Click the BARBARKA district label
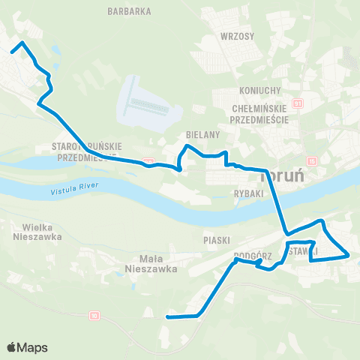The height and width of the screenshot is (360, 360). (x=130, y=11)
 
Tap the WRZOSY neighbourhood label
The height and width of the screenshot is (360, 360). (x=238, y=36)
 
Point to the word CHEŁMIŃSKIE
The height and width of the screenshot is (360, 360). (x=260, y=109)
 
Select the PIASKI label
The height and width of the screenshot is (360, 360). (x=215, y=240)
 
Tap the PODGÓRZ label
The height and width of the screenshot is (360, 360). (x=251, y=255)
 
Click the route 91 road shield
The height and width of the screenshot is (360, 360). (x=298, y=103)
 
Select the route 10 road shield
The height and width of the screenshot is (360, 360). (x=94, y=316)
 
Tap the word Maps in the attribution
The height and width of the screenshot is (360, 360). (x=33, y=347)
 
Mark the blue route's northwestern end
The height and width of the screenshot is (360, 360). (x=13, y=51)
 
